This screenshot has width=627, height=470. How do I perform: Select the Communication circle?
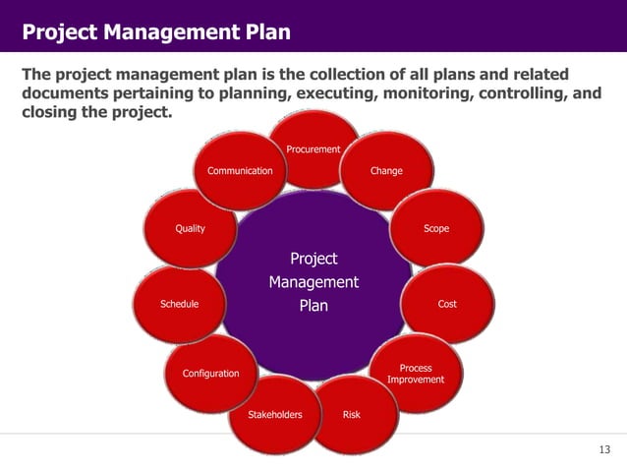pyautogui.click(x=239, y=171)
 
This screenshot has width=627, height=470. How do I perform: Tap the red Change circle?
pyautogui.click(x=386, y=171)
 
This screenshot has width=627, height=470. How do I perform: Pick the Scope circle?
pyautogui.click(x=435, y=228)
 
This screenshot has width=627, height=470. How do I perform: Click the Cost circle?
pyautogui.click(x=447, y=304)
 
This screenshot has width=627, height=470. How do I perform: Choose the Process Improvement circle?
pyautogui.click(x=415, y=374)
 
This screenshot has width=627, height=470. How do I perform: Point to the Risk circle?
pyautogui.click(x=351, y=414)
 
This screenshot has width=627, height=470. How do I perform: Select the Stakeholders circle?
pyautogui.click(x=274, y=414)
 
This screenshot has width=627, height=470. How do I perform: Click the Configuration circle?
pyautogui.click(x=210, y=374)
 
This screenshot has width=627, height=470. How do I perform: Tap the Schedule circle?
pyautogui.click(x=179, y=304)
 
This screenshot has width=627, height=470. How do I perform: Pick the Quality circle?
pyautogui.click(x=190, y=228)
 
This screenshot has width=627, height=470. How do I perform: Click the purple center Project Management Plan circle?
pyautogui.click(x=313, y=283)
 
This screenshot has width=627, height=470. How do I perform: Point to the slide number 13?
pyautogui.click(x=604, y=449)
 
